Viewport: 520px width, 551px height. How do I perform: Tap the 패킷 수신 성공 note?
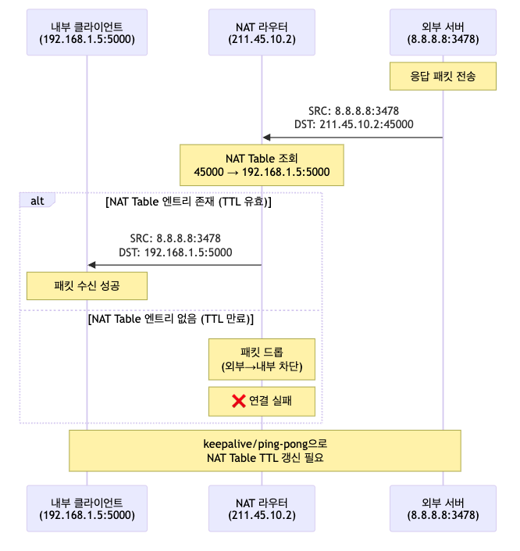click(x=87, y=285)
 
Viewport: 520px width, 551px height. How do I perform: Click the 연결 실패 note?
click(x=262, y=401)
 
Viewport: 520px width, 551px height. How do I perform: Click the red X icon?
click(x=239, y=401)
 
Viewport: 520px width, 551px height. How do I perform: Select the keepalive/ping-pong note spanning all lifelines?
click(x=265, y=450)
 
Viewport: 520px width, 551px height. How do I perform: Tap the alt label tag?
click(x=37, y=201)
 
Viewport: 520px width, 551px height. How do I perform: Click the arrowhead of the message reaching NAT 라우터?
click(x=266, y=138)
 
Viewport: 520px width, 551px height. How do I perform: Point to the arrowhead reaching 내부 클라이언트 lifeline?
click(x=91, y=265)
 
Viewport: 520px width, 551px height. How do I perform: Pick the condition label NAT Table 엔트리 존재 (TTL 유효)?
click(x=187, y=202)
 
